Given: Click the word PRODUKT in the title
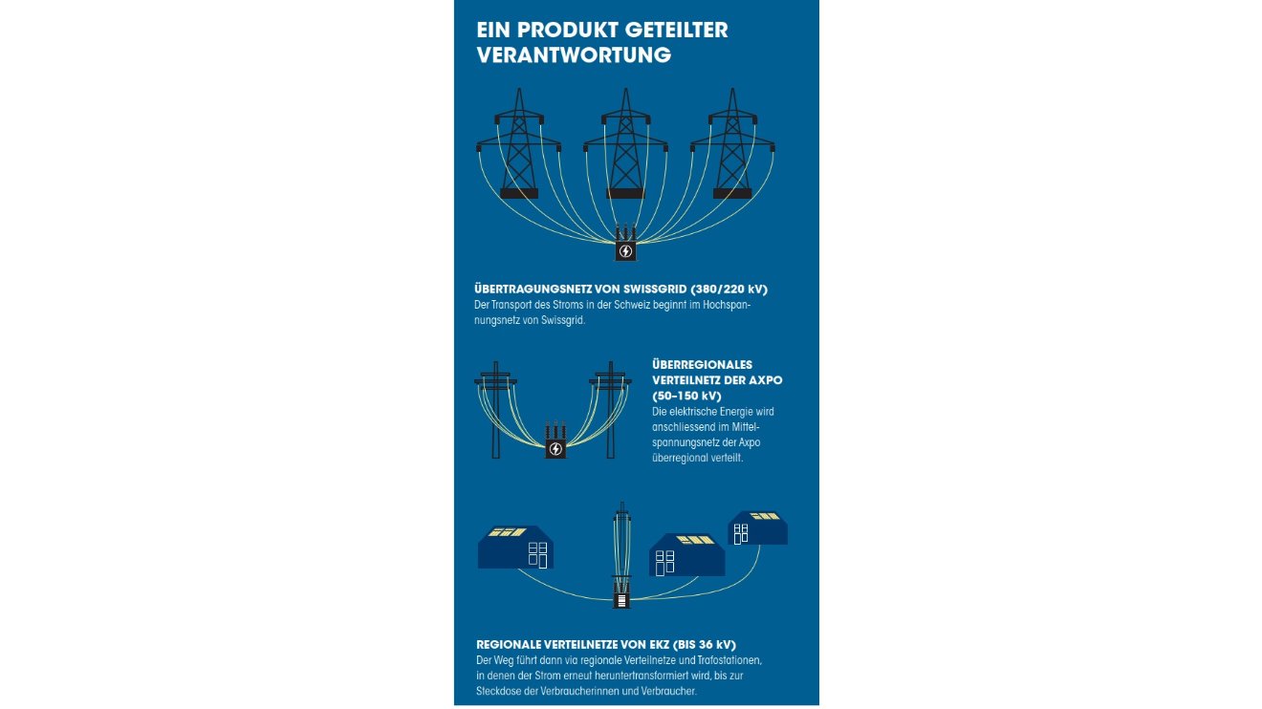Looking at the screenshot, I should tap(565, 31).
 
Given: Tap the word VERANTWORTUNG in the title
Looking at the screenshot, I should tap(574, 55).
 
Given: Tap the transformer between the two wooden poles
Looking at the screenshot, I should tap(555, 441).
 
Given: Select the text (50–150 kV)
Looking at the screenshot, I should tap(686, 396).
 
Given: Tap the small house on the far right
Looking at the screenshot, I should tap(758, 528).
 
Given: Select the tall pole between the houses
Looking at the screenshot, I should tap(622, 554).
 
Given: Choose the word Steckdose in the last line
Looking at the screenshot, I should tap(499, 691).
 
